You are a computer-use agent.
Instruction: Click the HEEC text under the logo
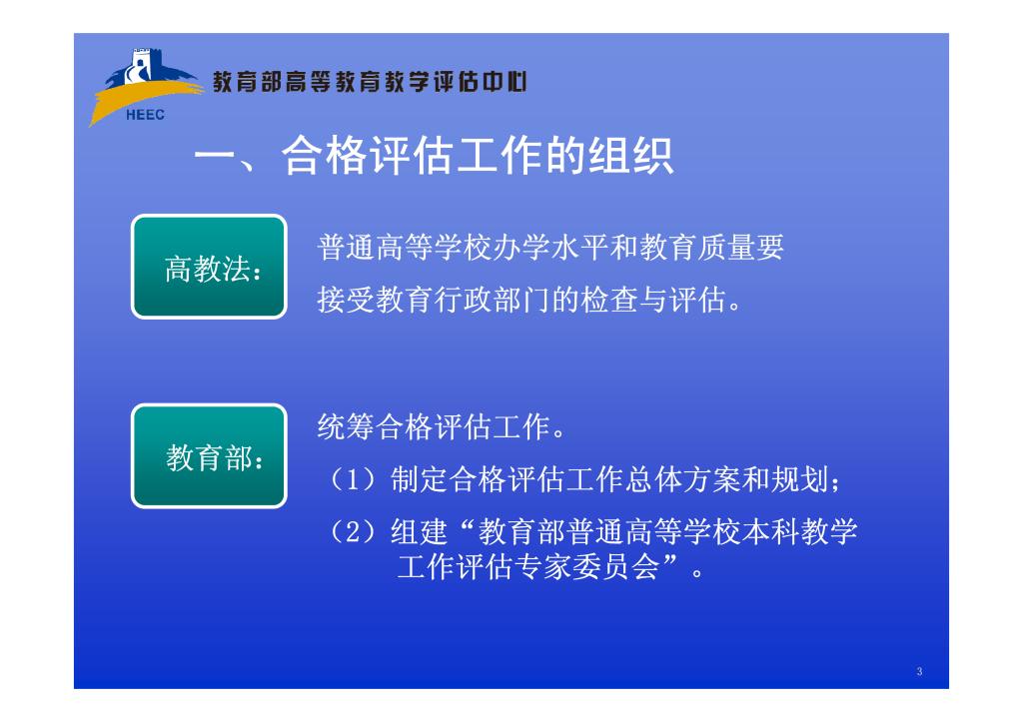pyautogui.click(x=145, y=115)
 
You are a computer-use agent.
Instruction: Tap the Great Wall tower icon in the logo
pyautogui.click(x=141, y=65)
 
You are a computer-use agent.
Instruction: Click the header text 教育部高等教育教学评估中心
pyautogui.click(x=370, y=82)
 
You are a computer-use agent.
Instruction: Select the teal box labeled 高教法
pyautogui.click(x=210, y=267)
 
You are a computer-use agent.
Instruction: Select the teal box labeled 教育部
pyautogui.click(x=210, y=456)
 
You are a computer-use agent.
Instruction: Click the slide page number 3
pyautogui.click(x=919, y=671)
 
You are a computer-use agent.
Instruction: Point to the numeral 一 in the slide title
pyautogui.click(x=215, y=159)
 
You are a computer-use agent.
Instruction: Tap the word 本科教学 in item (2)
pyautogui.click(x=800, y=532)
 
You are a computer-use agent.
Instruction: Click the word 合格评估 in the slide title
pyautogui.click(x=369, y=156)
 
